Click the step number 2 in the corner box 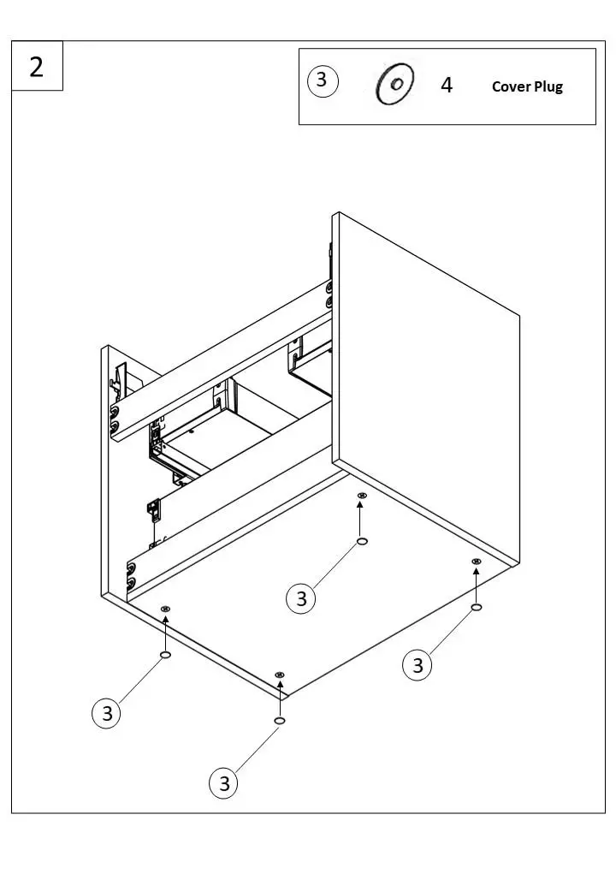click(x=37, y=66)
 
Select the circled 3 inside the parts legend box click(x=322, y=80)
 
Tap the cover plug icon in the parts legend click(x=394, y=85)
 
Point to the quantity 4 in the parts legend click(x=447, y=86)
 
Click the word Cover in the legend click(x=511, y=86)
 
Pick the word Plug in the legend click(x=548, y=86)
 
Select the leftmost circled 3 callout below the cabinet click(x=107, y=714)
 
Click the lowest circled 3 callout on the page click(x=224, y=783)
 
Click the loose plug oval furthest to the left click(x=165, y=654)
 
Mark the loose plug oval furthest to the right click(x=477, y=607)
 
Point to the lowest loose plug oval click(x=279, y=722)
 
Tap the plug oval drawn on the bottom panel click(x=362, y=542)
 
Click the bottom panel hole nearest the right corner click(x=477, y=562)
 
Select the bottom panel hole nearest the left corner click(x=165, y=609)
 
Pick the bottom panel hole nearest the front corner click(x=279, y=675)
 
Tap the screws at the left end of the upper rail click(x=114, y=418)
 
